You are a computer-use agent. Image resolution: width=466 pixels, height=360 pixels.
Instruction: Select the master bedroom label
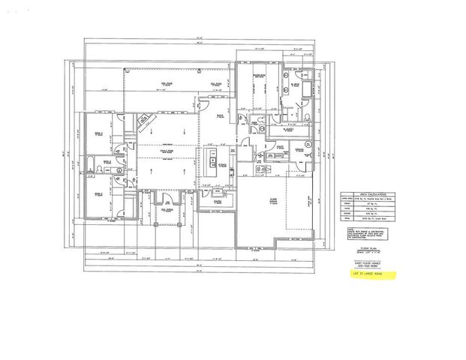coord(260,77)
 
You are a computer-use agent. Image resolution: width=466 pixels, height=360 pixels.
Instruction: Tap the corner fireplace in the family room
coord(145,122)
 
